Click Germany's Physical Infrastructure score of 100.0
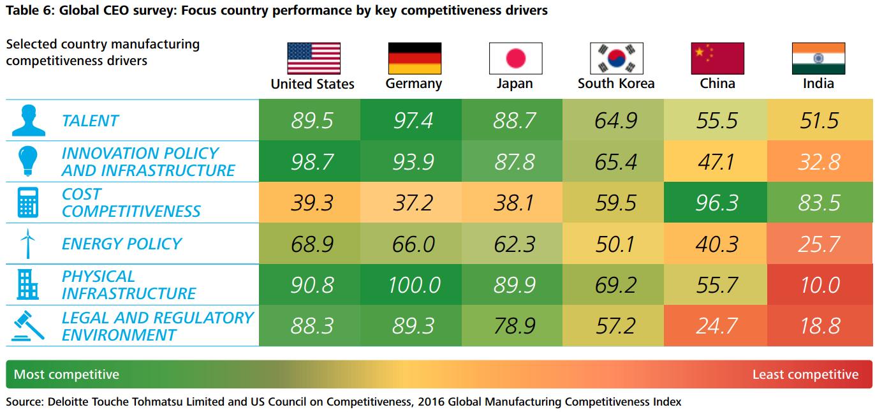tap(414, 284)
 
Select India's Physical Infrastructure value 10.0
tap(819, 284)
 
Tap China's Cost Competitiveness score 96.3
tap(717, 203)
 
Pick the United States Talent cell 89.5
tap(312, 121)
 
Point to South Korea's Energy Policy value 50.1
tap(615, 244)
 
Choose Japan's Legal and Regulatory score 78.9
tap(514, 326)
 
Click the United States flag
tap(313, 59)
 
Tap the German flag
tap(415, 59)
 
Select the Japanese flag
tap(515, 59)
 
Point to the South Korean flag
tap(616, 59)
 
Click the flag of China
tap(717, 59)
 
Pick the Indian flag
tap(818, 59)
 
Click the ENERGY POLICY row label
tap(121, 244)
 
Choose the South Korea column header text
tap(616, 84)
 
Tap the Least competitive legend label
tap(805, 374)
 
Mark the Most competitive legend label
tap(66, 374)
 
